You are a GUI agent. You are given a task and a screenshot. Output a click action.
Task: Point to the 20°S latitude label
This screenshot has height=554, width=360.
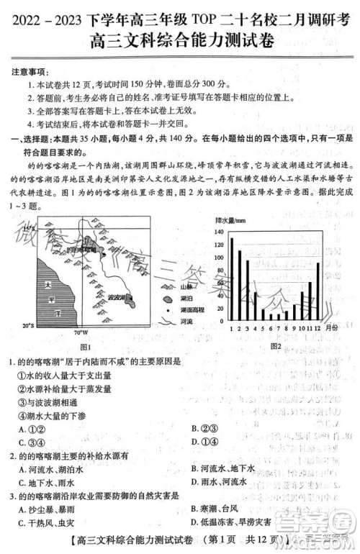(x=27, y=325)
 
